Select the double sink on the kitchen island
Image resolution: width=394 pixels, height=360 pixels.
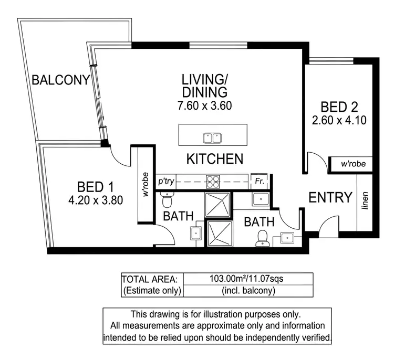[212, 138]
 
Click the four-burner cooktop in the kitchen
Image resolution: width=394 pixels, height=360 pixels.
[212, 182]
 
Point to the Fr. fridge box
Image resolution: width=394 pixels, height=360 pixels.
[259, 181]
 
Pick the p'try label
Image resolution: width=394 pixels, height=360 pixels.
[165, 182]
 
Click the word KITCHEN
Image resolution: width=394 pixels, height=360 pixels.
[215, 158]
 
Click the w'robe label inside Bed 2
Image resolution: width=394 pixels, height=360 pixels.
[352, 164]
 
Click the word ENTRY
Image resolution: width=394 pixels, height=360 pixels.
[330, 198]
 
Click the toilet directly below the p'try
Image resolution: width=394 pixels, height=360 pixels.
[167, 200]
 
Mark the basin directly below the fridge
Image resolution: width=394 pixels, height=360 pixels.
[261, 199]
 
